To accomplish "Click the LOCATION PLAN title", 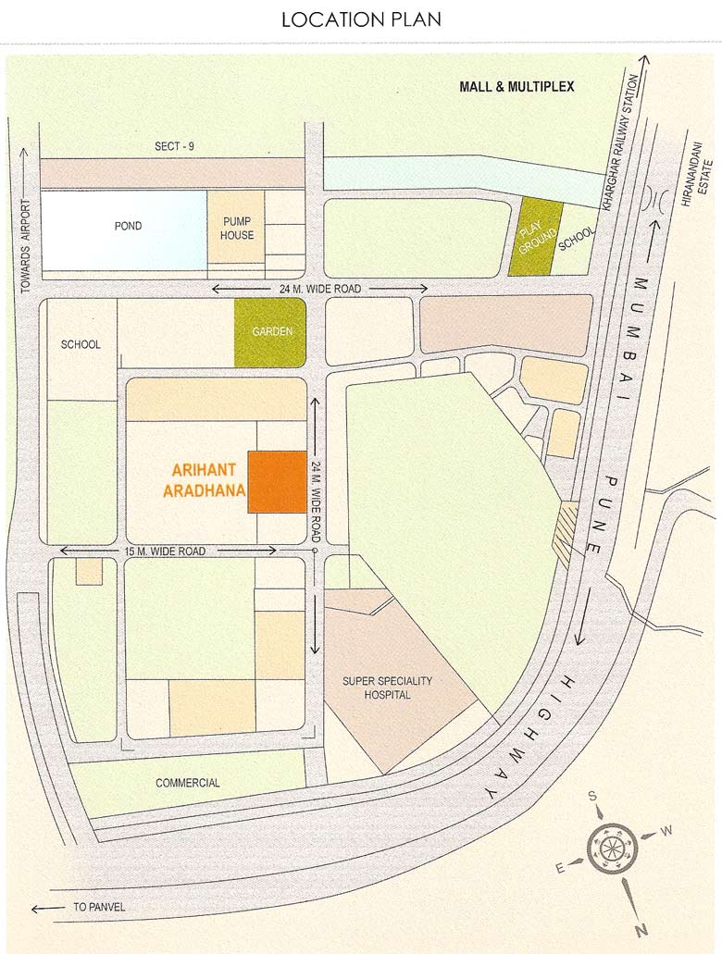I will [361, 19].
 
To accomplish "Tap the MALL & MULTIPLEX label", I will [517, 87].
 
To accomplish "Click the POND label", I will [128, 226].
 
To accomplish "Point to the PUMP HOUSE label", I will [237, 228].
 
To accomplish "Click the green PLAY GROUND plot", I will [535, 237].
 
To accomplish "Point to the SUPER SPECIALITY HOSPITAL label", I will [387, 688].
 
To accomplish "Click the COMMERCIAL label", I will [188, 783].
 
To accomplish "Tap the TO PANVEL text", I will [98, 908].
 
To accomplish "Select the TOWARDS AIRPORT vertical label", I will [26, 246].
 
